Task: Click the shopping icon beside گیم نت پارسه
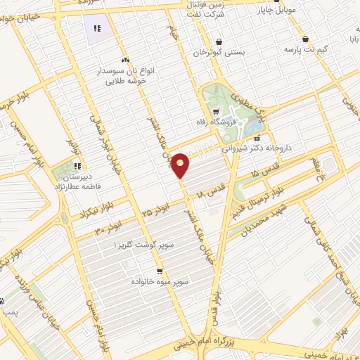(304, 39)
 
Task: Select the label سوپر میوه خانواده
(160, 281)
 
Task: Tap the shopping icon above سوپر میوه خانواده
(160, 270)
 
